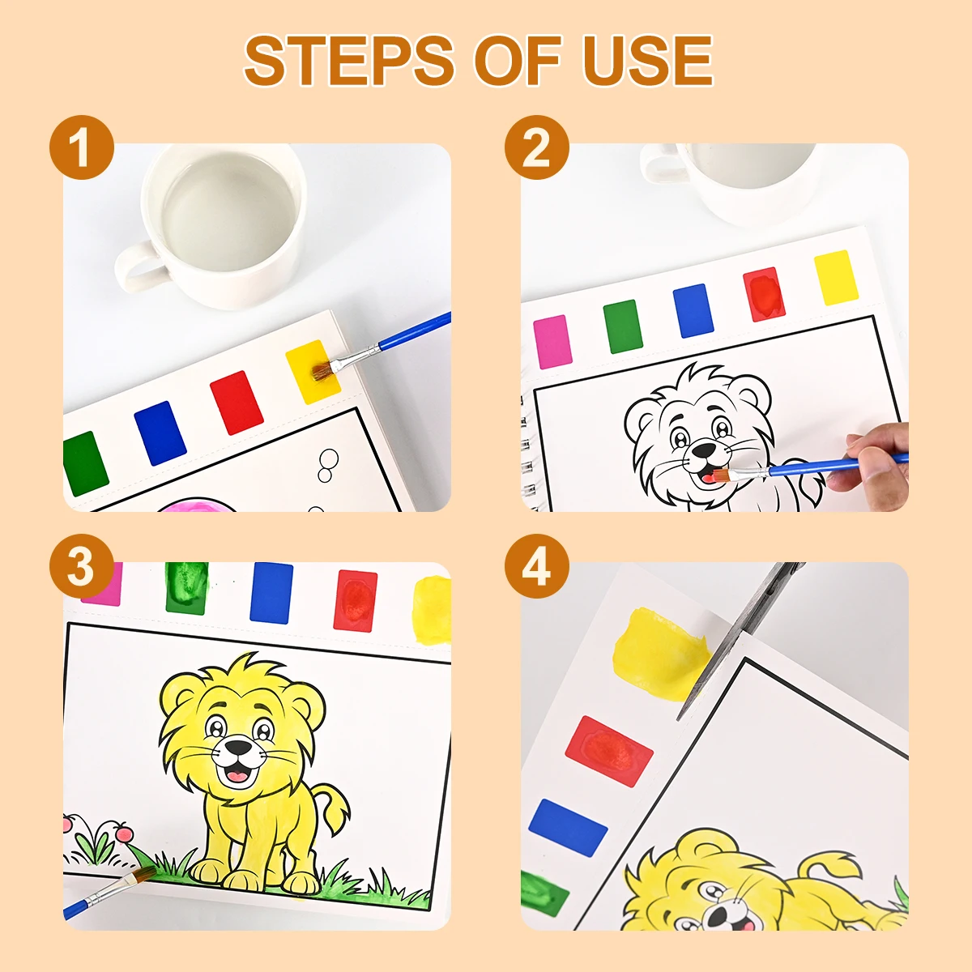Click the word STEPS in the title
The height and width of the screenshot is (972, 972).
coord(348,61)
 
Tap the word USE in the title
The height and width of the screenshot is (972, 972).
coord(647,61)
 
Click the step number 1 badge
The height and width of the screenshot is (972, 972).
coord(81,147)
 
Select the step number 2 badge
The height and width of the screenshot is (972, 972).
coord(536,147)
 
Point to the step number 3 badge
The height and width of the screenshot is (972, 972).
coord(81,566)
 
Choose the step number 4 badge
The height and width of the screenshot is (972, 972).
coord(536,566)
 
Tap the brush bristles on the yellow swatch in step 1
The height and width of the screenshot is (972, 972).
coord(323,369)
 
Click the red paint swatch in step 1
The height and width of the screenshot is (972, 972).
coord(237,403)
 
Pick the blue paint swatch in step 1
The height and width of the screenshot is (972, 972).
coord(160,433)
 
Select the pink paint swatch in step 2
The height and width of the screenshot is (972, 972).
coord(552,341)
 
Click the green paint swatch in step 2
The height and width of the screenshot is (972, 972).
coord(623,326)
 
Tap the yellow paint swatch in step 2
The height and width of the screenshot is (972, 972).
coord(835,278)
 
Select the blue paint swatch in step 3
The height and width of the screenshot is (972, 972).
coord(271,592)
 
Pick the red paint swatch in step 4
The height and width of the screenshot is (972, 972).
coord(608,740)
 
